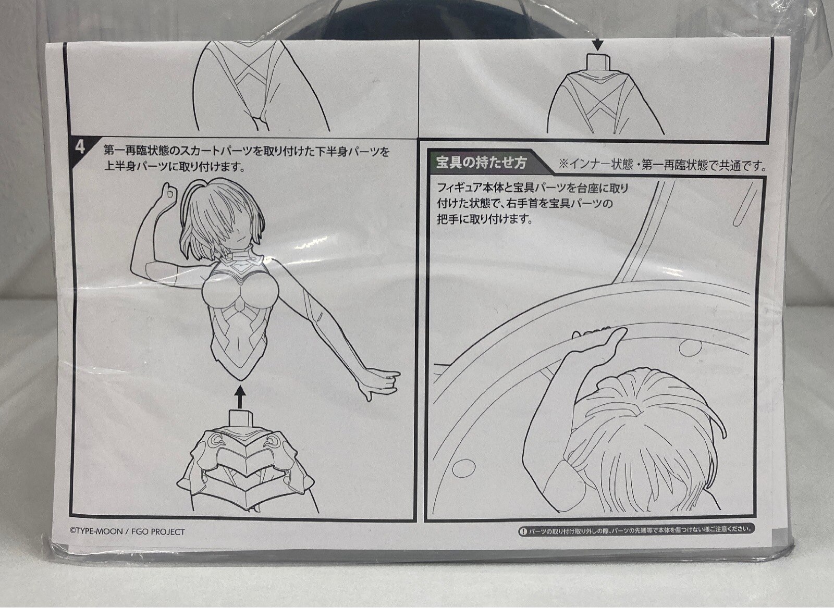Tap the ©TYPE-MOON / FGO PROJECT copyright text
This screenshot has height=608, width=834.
pyautogui.click(x=127, y=532)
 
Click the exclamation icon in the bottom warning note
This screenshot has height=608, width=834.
pyautogui.click(x=523, y=530)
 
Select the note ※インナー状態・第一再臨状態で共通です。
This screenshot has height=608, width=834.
pyautogui.click(x=663, y=165)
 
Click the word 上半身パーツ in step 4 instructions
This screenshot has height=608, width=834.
pyautogui.click(x=137, y=166)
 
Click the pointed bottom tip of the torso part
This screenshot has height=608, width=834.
pyautogui.click(x=240, y=379)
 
